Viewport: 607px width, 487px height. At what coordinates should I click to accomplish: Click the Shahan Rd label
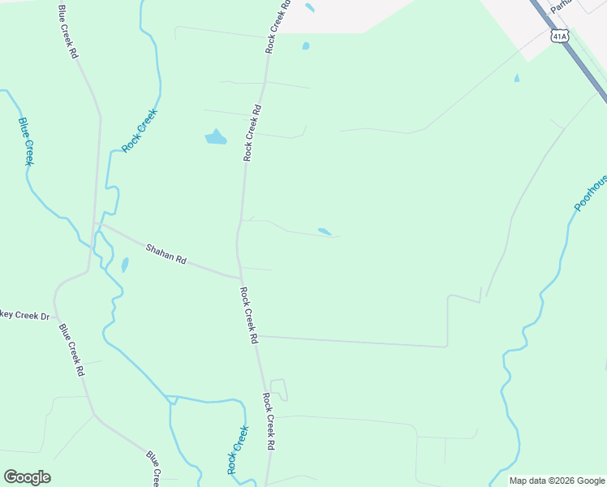[166, 254]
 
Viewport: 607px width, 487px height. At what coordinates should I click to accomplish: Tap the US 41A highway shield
[559, 37]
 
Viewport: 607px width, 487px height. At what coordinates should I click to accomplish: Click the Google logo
[27, 477]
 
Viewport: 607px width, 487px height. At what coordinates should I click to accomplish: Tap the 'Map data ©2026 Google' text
[557, 481]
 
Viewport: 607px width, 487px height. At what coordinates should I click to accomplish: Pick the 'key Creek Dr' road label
[24, 316]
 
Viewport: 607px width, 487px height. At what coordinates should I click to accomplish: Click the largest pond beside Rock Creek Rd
[215, 137]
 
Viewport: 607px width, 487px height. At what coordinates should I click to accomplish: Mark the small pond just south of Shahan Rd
[124, 265]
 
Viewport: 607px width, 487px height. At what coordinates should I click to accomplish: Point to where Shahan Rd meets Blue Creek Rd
[97, 223]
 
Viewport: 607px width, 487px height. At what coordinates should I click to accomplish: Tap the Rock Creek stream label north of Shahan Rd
[139, 131]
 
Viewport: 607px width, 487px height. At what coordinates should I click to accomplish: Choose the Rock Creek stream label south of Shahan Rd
[237, 450]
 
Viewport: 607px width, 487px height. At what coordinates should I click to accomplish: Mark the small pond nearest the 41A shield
[516, 79]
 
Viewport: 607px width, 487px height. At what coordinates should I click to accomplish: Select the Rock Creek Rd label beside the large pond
[252, 132]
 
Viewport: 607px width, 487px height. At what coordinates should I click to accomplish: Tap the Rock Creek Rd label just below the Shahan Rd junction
[248, 315]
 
